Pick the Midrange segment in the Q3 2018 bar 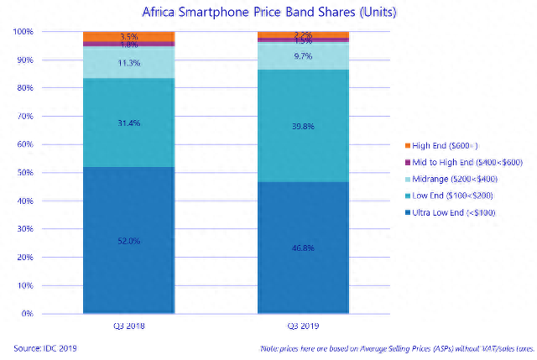128,63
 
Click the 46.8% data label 303,248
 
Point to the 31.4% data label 129,123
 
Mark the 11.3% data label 129,63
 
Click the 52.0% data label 129,241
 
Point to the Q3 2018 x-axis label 128,326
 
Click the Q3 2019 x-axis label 303,326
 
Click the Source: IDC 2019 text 43,347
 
